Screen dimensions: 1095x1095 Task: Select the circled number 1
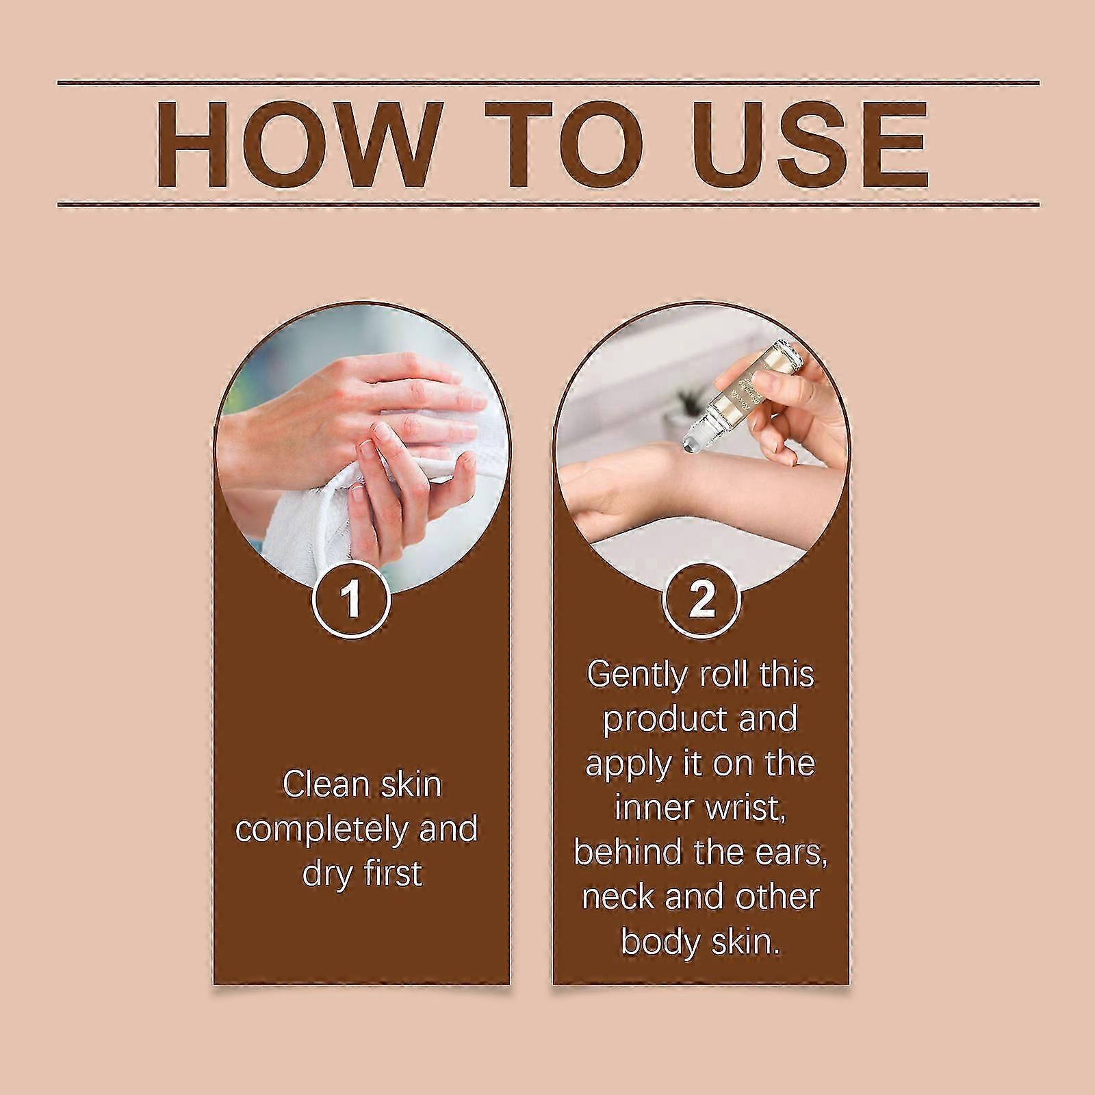click(x=352, y=598)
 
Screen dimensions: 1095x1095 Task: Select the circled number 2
click(x=702, y=598)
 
